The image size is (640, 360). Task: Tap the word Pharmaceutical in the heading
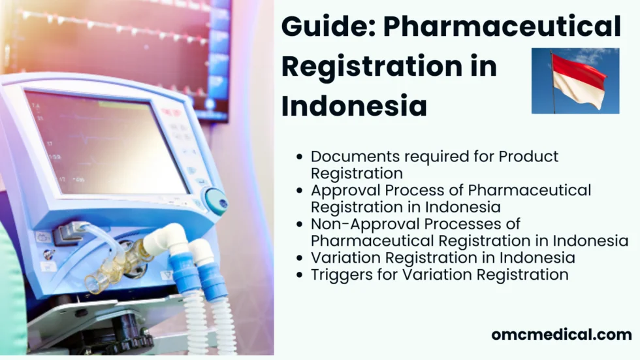coord(502,27)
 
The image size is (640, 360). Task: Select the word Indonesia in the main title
coord(354,106)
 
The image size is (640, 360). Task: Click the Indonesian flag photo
coord(575,80)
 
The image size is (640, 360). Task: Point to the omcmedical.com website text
coord(562,335)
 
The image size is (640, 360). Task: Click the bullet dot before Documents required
coord(300,157)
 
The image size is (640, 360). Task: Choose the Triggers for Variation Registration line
coord(440,274)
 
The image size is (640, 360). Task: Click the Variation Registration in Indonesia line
coord(443,257)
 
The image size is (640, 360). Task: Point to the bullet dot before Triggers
coord(300,275)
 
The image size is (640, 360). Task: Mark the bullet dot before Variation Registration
coord(300,258)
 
